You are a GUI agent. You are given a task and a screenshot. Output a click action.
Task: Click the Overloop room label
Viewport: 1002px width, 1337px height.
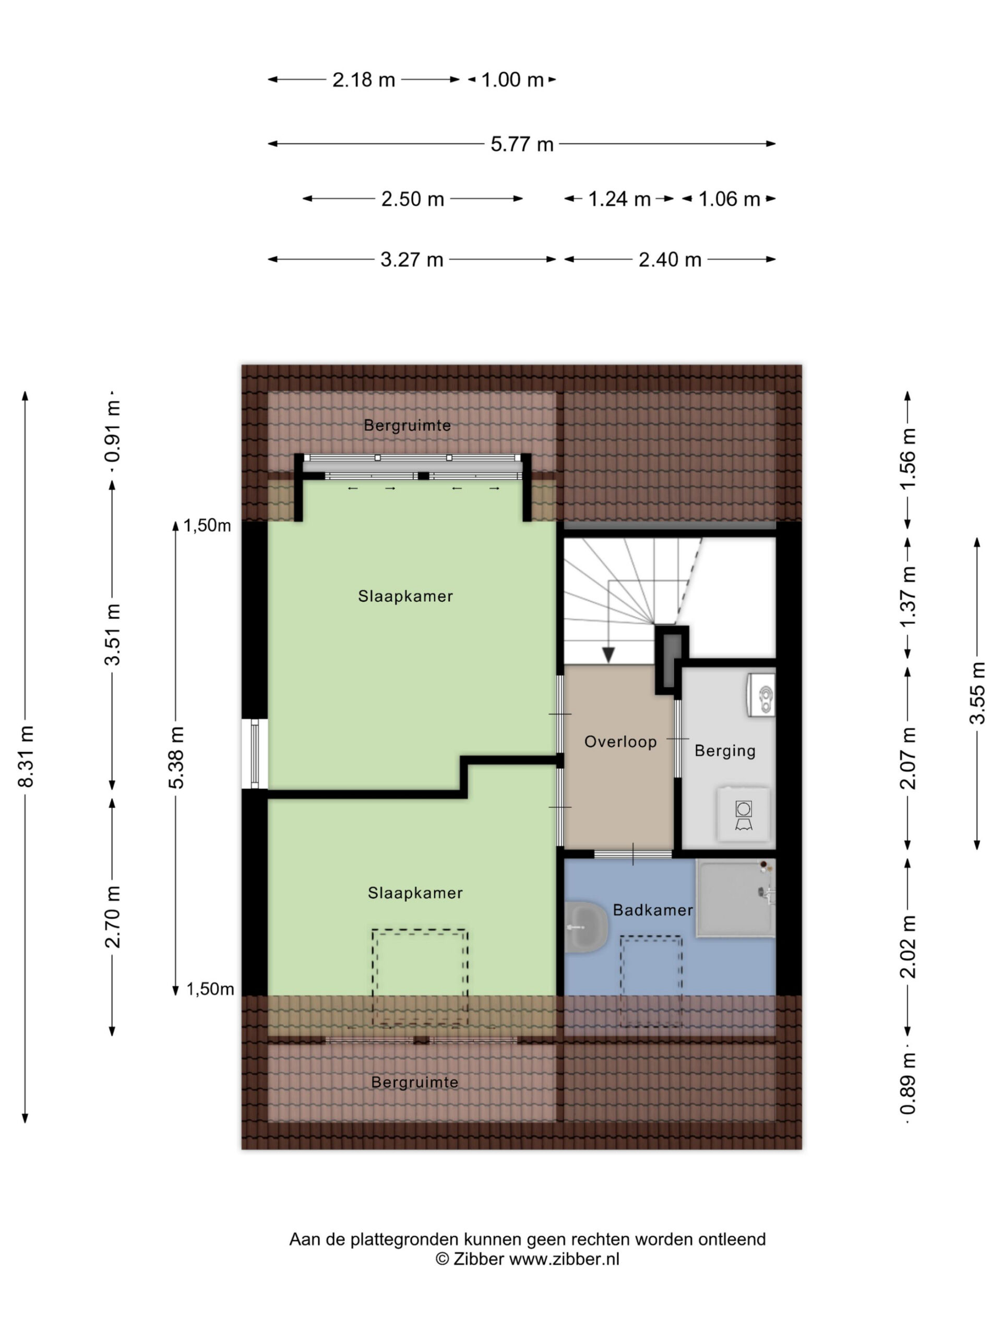coord(621,742)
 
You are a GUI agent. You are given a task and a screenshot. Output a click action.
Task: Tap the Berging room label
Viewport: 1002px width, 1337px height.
coord(725,750)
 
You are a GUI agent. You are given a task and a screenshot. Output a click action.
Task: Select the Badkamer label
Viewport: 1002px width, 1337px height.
coord(653,910)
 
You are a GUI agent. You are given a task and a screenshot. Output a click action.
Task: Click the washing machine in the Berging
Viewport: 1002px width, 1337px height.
coord(743,814)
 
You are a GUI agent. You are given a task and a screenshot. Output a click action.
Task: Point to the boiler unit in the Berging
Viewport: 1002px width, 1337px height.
coord(761,695)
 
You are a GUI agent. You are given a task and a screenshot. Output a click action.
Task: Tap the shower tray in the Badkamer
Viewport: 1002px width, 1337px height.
coord(735,898)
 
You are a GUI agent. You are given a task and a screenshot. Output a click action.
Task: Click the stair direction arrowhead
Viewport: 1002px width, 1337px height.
coord(608,654)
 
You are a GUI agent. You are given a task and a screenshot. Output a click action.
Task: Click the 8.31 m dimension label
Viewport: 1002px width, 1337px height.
coord(26,756)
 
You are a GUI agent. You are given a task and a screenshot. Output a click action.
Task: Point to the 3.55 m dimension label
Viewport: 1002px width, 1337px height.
coord(976,693)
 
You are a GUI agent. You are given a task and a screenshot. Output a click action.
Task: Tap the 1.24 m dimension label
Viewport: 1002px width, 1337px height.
coord(619,199)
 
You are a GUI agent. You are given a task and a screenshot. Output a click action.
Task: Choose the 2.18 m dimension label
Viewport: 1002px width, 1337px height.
coord(364,80)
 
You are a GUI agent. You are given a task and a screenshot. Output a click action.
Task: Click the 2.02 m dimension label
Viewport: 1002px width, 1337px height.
coord(908,946)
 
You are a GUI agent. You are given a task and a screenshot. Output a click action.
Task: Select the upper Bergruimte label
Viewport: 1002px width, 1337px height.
coord(407,426)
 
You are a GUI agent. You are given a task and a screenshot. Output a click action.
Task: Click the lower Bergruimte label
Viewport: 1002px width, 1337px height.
coord(414,1082)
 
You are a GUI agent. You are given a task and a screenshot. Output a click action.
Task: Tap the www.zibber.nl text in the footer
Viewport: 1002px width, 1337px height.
coord(564,1259)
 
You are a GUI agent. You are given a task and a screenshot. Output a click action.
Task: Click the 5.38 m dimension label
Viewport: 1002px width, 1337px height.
coord(176,757)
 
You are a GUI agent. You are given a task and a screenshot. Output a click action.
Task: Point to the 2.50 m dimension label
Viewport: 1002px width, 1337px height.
coord(412,199)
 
